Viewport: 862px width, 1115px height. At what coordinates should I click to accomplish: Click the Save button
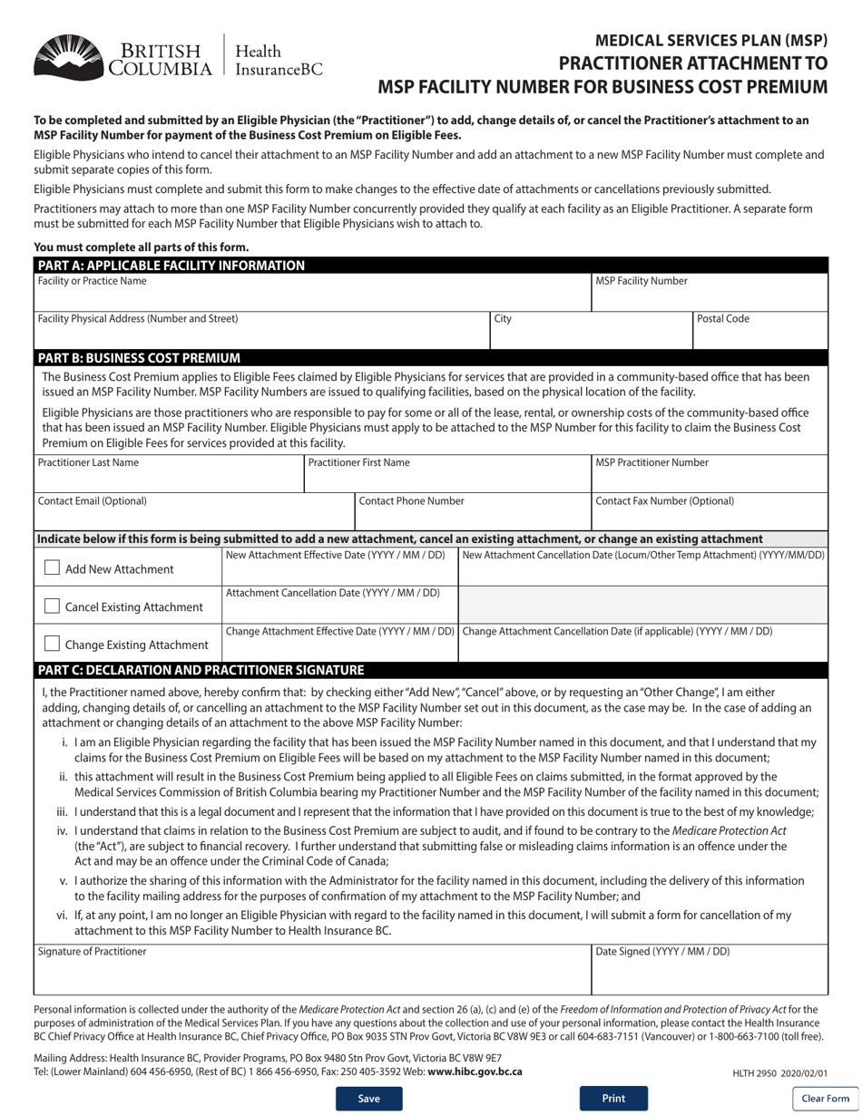pyautogui.click(x=368, y=1098)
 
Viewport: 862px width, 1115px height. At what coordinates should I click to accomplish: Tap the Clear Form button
pyautogui.click(x=825, y=1099)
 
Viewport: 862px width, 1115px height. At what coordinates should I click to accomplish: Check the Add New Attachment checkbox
pyautogui.click(x=53, y=568)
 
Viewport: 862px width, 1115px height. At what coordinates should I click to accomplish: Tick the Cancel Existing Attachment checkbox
pyautogui.click(x=53, y=606)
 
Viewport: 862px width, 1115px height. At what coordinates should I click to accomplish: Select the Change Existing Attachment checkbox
pyautogui.click(x=53, y=645)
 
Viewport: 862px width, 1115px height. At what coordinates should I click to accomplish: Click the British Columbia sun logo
pyautogui.click(x=68, y=56)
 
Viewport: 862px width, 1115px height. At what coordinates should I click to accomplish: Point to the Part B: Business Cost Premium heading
pyautogui.click(x=137, y=357)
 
